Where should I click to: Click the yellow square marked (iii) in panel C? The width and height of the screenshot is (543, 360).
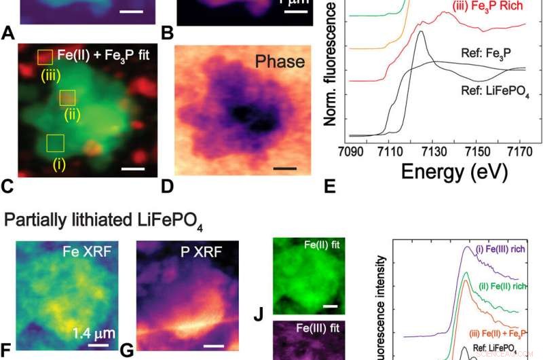pyautogui.click(x=45, y=56)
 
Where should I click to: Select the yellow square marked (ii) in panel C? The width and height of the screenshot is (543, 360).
pyautogui.click(x=67, y=98)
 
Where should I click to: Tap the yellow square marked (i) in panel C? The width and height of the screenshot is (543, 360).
pyautogui.click(x=55, y=143)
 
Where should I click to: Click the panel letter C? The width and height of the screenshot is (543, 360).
pyautogui.click(x=7, y=185)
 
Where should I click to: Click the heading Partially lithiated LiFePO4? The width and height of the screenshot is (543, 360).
pyautogui.click(x=103, y=221)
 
